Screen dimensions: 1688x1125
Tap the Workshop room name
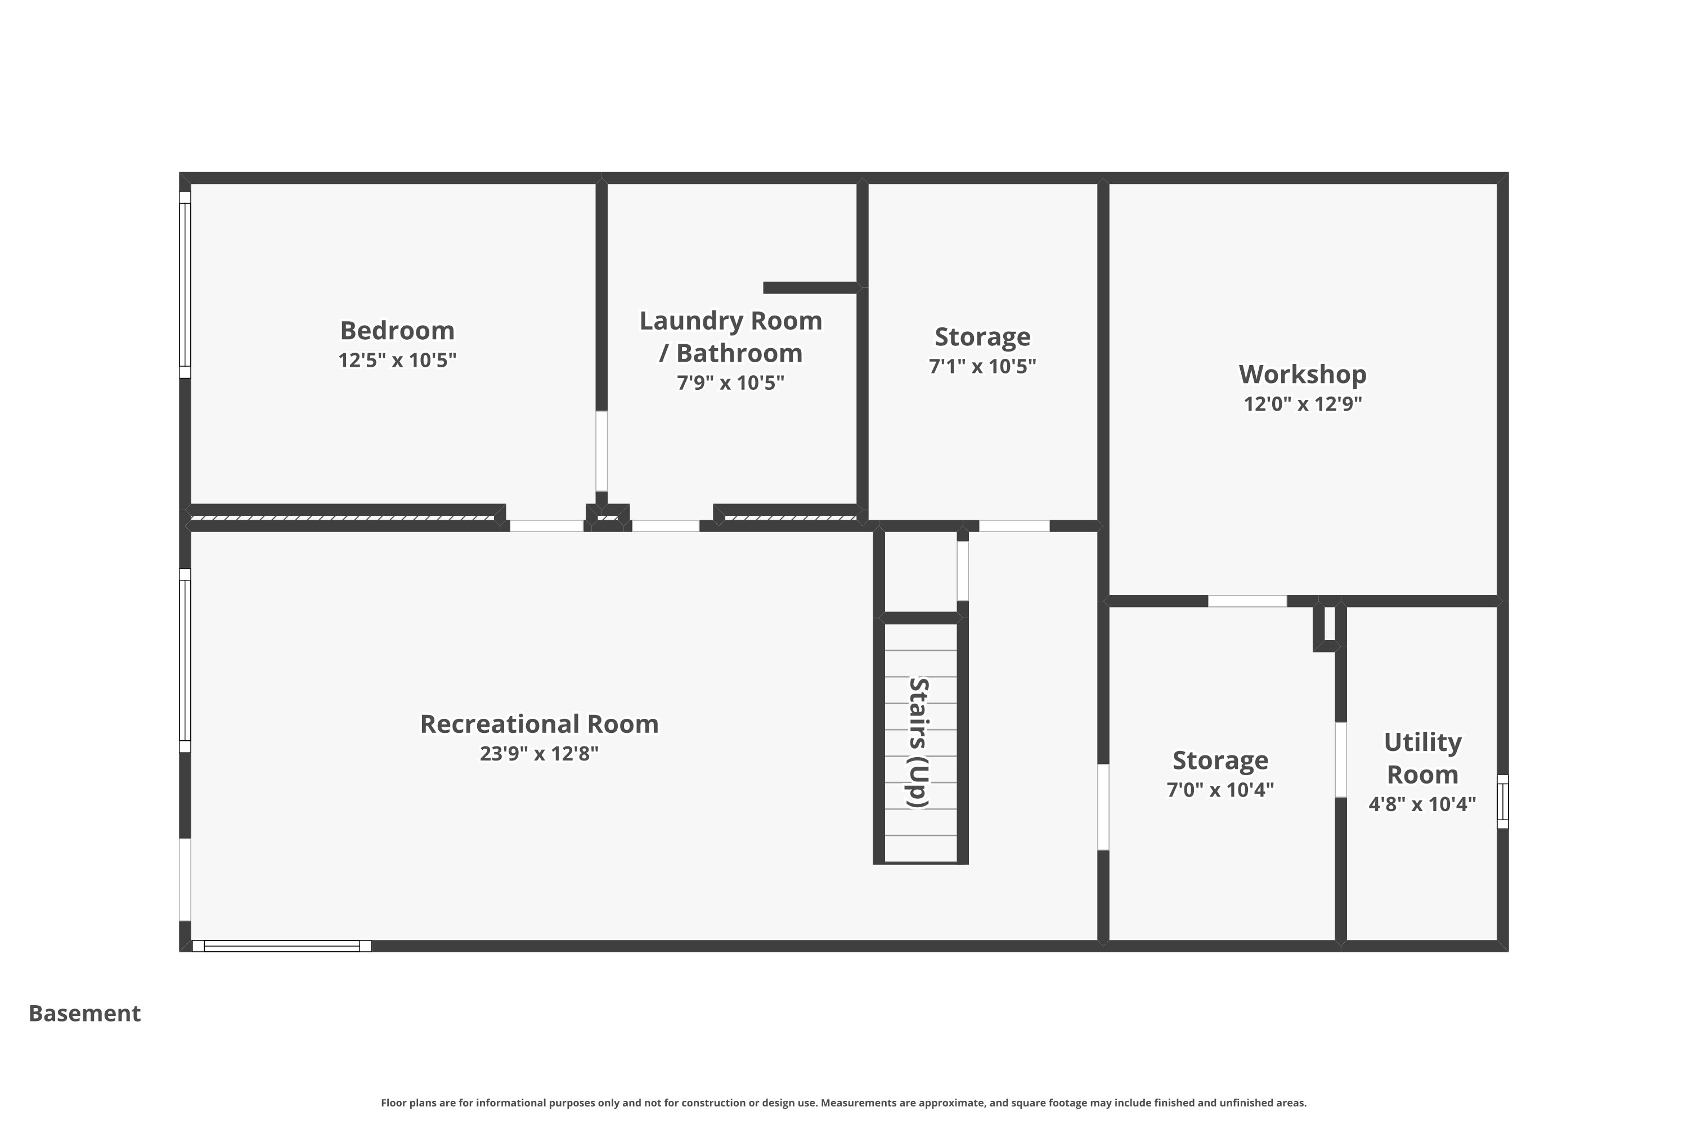click(1303, 375)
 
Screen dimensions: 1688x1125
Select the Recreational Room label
click(539, 724)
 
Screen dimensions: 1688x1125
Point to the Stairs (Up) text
click(919, 742)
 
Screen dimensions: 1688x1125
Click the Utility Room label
click(1422, 758)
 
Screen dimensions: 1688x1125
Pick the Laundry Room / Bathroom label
click(730, 336)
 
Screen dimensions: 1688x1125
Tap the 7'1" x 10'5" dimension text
click(982, 367)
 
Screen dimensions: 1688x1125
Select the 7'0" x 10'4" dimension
click(1220, 790)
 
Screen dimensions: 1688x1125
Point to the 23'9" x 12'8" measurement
click(539, 753)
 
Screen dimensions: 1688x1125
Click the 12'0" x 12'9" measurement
click(1303, 404)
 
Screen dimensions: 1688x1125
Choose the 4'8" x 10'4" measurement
click(1422, 804)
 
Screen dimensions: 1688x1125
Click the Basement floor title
click(85, 1013)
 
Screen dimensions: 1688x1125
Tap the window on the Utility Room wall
click(1502, 802)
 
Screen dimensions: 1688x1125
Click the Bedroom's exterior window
click(185, 285)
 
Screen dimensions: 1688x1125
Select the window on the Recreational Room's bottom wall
click(281, 946)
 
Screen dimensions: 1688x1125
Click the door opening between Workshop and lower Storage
click(1247, 601)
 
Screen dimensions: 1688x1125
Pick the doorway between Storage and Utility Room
click(1340, 759)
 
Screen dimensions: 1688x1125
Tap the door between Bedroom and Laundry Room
click(601, 451)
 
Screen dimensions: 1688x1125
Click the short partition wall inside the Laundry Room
click(811, 287)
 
